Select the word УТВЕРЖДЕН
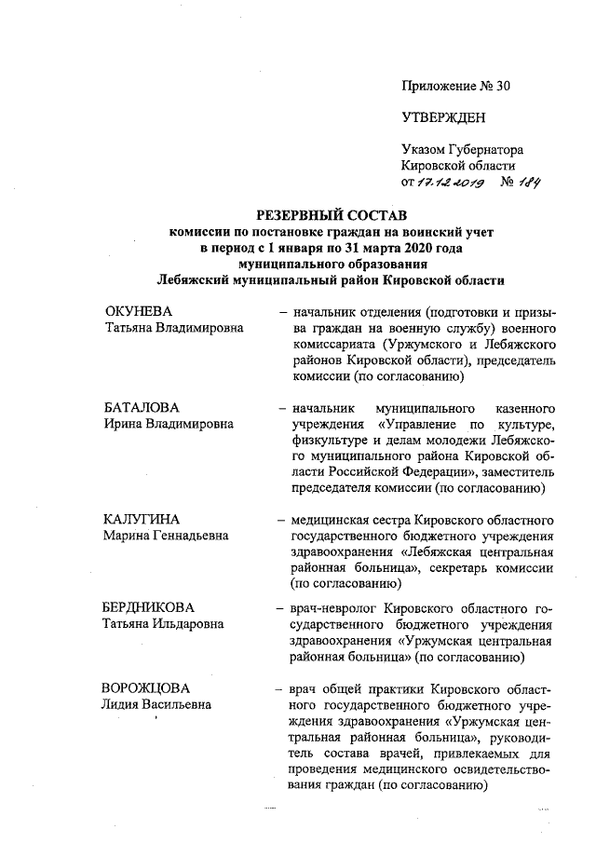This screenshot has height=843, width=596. (443, 117)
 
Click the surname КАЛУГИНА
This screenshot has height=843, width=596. (142, 519)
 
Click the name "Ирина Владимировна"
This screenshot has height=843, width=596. (168, 425)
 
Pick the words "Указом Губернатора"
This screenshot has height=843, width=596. (462, 149)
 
